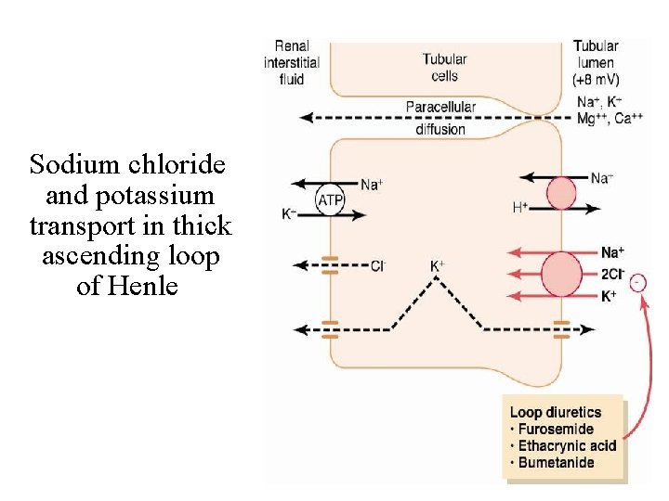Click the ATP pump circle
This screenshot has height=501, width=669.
[331, 200]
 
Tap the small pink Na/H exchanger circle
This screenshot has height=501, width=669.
[560, 193]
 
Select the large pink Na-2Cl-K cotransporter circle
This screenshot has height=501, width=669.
[560, 274]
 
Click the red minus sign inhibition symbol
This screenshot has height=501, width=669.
[638, 282]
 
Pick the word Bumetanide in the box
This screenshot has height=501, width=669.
[556, 463]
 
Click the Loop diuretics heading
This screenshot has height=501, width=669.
[556, 412]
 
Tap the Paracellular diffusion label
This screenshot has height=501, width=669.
[440, 118]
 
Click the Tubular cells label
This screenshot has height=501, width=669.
[444, 68]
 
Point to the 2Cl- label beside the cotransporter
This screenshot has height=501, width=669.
[613, 274]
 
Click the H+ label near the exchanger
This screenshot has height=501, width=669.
[520, 208]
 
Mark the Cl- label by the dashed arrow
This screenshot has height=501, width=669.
[378, 266]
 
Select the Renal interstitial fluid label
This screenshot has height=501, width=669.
[291, 62]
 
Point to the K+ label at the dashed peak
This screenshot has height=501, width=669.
[437, 266]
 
